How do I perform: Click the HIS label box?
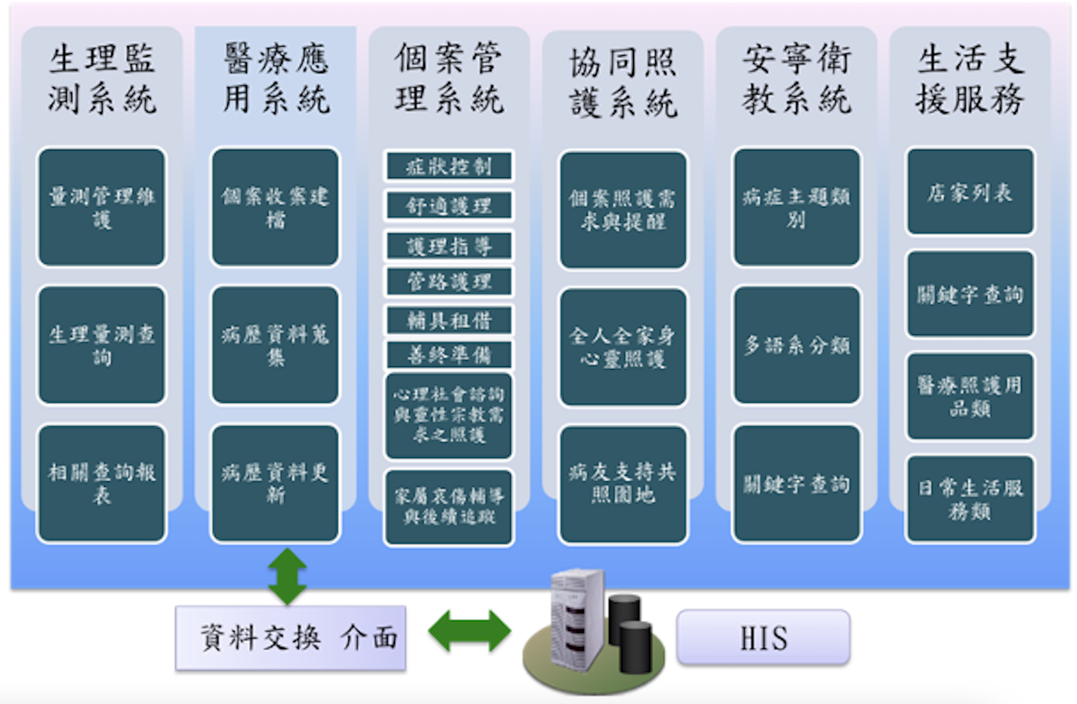(x=763, y=638)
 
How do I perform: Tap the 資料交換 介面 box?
(x=291, y=638)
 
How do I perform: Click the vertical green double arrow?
(x=287, y=576)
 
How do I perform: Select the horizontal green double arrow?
(x=469, y=631)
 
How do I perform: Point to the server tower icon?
(x=576, y=619)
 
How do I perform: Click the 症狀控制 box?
(x=449, y=166)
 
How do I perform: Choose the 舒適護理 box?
(x=449, y=206)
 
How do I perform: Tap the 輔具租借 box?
(x=449, y=320)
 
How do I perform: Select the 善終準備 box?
(x=449, y=355)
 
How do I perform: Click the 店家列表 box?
(x=970, y=192)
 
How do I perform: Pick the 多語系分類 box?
(x=796, y=345)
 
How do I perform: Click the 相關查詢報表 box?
(x=102, y=484)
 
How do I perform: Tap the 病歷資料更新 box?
(x=275, y=484)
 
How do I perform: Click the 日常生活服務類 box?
(x=970, y=499)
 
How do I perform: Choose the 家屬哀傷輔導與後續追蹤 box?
(x=449, y=507)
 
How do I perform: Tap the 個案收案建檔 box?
(x=275, y=207)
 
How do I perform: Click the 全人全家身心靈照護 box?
(x=623, y=347)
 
